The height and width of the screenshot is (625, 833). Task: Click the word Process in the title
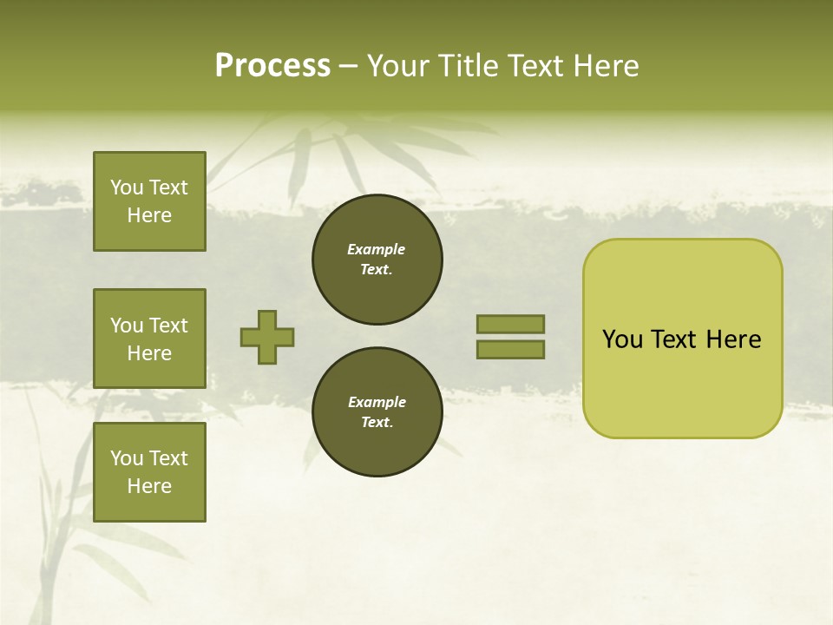tap(272, 66)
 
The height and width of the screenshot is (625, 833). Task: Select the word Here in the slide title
tap(605, 66)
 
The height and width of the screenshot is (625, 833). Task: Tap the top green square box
tap(149, 201)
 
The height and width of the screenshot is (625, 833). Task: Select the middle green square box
tap(149, 339)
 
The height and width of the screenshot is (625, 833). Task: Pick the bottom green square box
tap(149, 472)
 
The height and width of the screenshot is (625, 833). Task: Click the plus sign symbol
tap(267, 337)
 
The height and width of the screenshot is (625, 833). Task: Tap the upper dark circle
tap(377, 260)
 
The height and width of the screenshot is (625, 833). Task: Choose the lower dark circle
tap(377, 412)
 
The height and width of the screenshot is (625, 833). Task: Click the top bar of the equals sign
tap(510, 324)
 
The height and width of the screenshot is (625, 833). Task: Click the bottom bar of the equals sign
tap(510, 350)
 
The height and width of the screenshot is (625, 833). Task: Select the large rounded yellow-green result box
tap(682, 339)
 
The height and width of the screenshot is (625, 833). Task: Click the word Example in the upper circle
tap(377, 250)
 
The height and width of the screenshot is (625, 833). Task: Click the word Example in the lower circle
tap(377, 403)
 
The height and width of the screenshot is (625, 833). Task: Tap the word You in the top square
tap(127, 187)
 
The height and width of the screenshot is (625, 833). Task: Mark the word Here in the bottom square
tap(149, 486)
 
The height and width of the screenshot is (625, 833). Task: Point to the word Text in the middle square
tap(168, 326)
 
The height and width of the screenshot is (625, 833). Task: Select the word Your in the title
tap(395, 66)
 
